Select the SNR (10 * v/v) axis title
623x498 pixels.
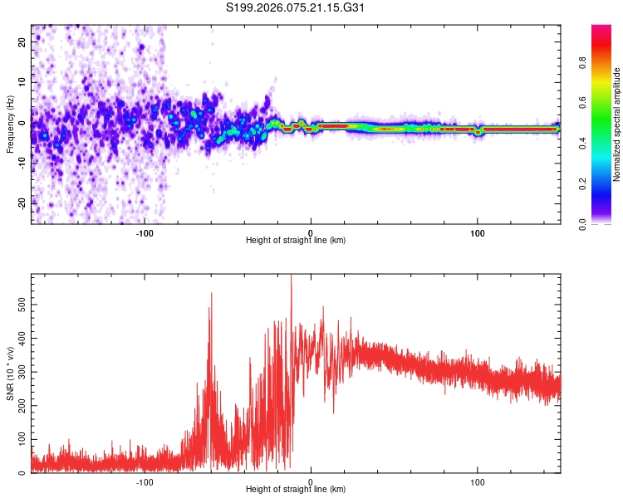10,373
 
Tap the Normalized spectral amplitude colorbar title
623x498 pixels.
617,124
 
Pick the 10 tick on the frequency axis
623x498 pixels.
22,83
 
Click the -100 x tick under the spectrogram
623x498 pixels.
145,232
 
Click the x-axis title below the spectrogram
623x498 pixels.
297,241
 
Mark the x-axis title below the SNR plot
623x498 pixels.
297,490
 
